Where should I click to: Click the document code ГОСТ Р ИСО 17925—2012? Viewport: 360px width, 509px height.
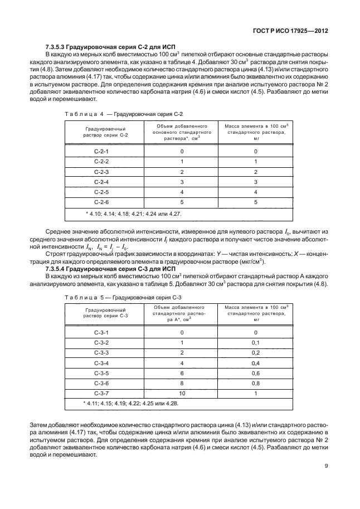295,32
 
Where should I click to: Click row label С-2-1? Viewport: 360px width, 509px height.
101,152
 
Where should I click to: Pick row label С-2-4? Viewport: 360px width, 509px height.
101,182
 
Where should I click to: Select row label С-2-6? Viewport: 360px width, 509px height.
101,202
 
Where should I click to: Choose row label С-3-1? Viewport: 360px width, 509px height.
101,332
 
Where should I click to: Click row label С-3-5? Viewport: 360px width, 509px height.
101,372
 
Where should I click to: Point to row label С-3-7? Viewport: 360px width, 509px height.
101,392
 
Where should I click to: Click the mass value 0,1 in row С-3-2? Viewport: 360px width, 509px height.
256,342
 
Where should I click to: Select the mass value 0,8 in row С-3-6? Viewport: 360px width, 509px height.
256,382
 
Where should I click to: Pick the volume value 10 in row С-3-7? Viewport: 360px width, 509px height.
182,392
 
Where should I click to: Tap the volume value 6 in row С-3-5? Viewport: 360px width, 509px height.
182,372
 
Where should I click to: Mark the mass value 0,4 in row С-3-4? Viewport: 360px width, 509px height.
256,362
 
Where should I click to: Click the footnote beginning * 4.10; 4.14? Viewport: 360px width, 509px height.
134,214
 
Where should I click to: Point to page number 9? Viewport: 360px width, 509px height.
325,467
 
